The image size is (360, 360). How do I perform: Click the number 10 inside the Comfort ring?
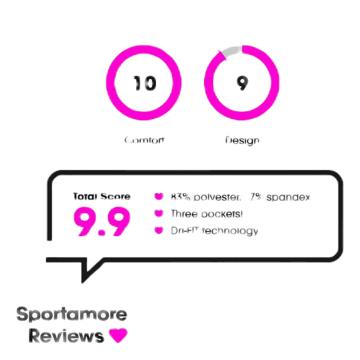(x=145, y=84)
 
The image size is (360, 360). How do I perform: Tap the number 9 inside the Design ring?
(x=242, y=84)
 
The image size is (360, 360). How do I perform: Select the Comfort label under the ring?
(x=145, y=140)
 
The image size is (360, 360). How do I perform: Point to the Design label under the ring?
(x=242, y=140)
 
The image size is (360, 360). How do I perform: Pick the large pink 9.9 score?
(x=102, y=221)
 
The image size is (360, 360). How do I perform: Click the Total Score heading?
(x=102, y=197)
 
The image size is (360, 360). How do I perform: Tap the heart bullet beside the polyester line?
(x=159, y=197)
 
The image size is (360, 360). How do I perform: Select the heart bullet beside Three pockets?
(x=159, y=214)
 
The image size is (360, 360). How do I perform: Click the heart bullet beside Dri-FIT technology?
(x=159, y=230)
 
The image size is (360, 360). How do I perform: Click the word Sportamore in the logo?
(x=72, y=315)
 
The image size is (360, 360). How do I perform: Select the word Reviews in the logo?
(x=66, y=336)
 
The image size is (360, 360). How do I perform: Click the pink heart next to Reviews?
(x=118, y=335)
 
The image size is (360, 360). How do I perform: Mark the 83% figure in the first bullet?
(x=179, y=197)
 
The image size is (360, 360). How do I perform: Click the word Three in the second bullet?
(x=184, y=214)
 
